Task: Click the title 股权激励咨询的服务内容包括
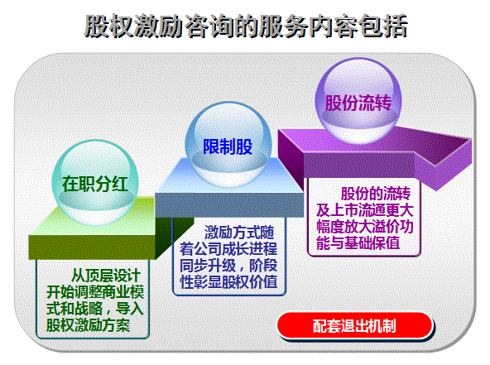coord(246,26)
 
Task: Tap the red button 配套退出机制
coord(355,325)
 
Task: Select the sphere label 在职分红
coord(95,184)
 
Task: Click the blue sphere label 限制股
coord(228,146)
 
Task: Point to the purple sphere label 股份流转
coord(358,103)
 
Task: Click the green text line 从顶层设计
coord(106,276)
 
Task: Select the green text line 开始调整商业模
coord(95,292)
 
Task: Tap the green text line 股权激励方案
coord(88,324)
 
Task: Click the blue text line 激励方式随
coord(239,233)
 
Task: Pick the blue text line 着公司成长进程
coord(228,249)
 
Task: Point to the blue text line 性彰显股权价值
coord(228,281)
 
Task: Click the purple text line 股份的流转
coord(376,194)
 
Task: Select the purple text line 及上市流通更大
coord(365,210)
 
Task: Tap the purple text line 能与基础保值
coord(358,243)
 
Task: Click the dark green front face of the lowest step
coord(92,247)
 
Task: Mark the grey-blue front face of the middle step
coord(229,204)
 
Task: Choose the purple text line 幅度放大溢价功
coord(365,227)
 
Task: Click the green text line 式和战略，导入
coord(95,309)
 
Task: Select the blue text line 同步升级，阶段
coord(228,266)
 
